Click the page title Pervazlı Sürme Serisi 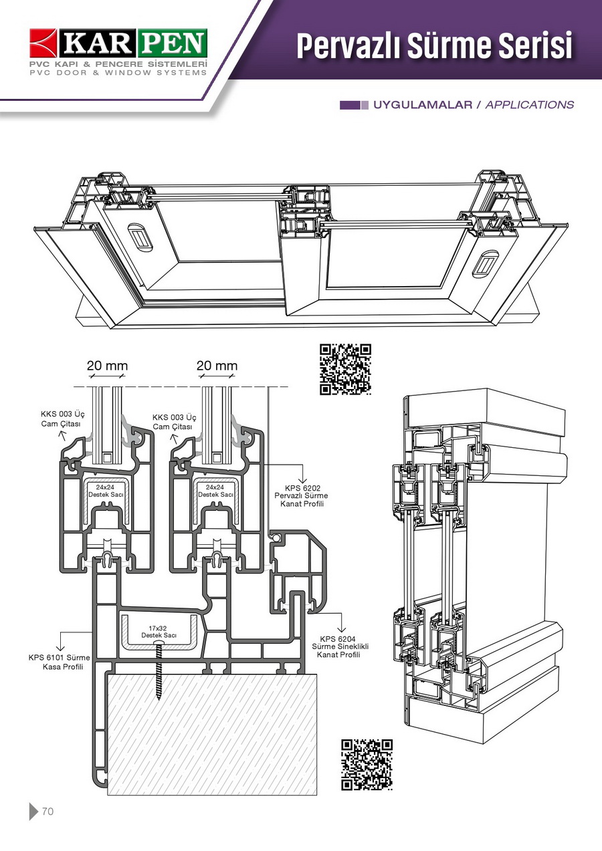click(x=435, y=46)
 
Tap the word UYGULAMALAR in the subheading click(x=423, y=105)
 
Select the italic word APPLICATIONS click(x=529, y=105)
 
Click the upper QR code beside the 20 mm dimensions click(x=345, y=369)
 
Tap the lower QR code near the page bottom click(x=367, y=765)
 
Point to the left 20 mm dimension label click(x=107, y=366)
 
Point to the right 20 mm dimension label click(x=217, y=366)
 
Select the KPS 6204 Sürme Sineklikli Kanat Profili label click(x=340, y=646)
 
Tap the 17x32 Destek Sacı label click(x=159, y=631)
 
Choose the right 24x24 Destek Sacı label click(x=215, y=491)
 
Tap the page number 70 click(x=47, y=812)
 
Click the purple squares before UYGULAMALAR click(x=354, y=105)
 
